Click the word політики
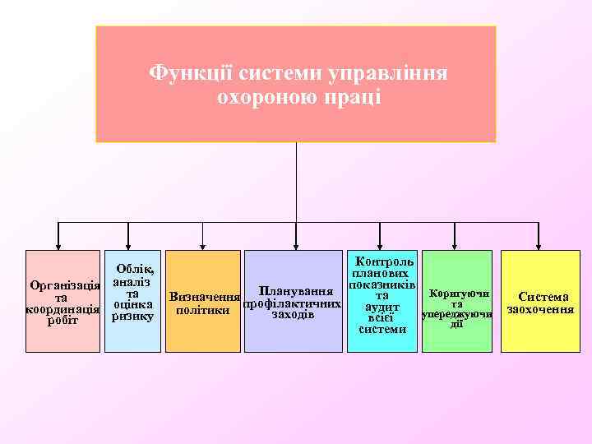pos(203,310)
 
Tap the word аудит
pos(382,308)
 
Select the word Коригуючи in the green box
pos(456,294)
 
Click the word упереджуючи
pos(456,314)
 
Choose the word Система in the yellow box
pos(540,297)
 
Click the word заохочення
pos(540,310)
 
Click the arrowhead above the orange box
pos(203,244)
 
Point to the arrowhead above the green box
pos(456,244)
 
